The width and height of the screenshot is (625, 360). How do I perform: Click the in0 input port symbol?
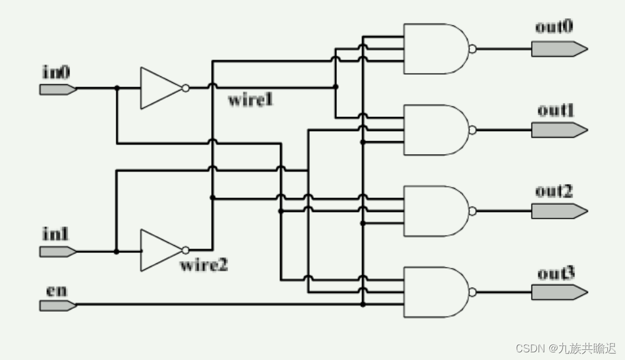57,89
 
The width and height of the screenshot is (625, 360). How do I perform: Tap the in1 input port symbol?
57,252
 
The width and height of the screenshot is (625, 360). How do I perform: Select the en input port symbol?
57,305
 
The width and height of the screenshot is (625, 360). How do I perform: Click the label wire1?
250,100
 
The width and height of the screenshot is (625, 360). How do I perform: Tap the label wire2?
203,265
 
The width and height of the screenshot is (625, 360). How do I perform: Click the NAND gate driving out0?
435,49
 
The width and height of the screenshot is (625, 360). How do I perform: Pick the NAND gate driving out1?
435,130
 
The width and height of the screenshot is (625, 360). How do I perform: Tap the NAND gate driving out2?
435,211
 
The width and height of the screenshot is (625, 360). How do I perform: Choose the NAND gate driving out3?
435,292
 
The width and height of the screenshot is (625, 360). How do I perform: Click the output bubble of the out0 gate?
472,49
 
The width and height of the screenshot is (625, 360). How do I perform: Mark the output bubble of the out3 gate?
472,292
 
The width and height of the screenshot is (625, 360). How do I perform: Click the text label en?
56,291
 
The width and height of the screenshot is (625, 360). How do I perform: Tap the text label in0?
56,72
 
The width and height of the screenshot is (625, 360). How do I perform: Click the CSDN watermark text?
566,348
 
